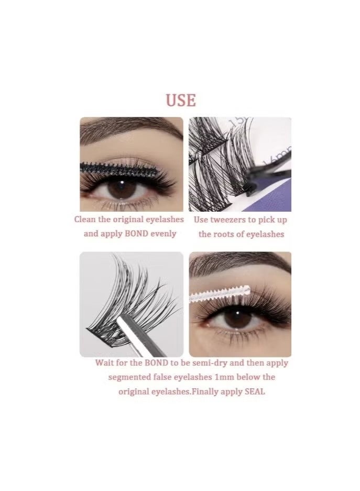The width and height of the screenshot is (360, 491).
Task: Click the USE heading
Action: coord(181,100)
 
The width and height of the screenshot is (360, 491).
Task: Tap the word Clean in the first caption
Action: coord(85,220)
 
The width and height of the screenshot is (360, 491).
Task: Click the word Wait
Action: coord(105,363)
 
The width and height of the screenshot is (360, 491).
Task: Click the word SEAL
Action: coord(255,391)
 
